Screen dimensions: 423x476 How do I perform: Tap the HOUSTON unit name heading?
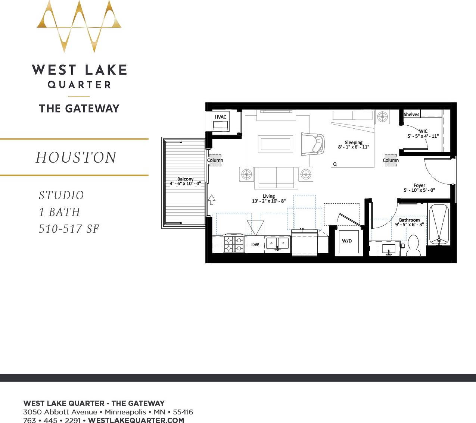pyautogui.click(x=76, y=157)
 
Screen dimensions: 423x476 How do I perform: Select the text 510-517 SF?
pyautogui.click(x=69, y=229)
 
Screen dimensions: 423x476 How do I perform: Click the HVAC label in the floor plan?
pyautogui.click(x=220, y=117)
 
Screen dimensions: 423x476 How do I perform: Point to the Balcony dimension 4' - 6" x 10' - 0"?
pyautogui.click(x=185, y=184)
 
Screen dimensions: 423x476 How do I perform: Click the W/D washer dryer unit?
pyautogui.click(x=347, y=242)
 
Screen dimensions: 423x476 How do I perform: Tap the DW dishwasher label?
pyautogui.click(x=255, y=245)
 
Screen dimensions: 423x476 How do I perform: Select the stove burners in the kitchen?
pyautogui.click(x=234, y=244)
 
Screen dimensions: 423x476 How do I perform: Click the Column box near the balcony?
pyautogui.click(x=215, y=160)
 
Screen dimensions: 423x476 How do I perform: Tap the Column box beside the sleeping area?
pyautogui.click(x=391, y=160)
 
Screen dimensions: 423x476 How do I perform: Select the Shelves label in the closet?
pyautogui.click(x=411, y=115)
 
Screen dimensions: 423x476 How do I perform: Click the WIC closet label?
pyautogui.click(x=423, y=131)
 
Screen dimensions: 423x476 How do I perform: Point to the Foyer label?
pyautogui.click(x=419, y=185)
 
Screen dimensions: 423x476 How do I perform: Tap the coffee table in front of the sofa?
pyautogui.click(x=276, y=144)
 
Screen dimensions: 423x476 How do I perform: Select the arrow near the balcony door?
pyautogui.click(x=212, y=200)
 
